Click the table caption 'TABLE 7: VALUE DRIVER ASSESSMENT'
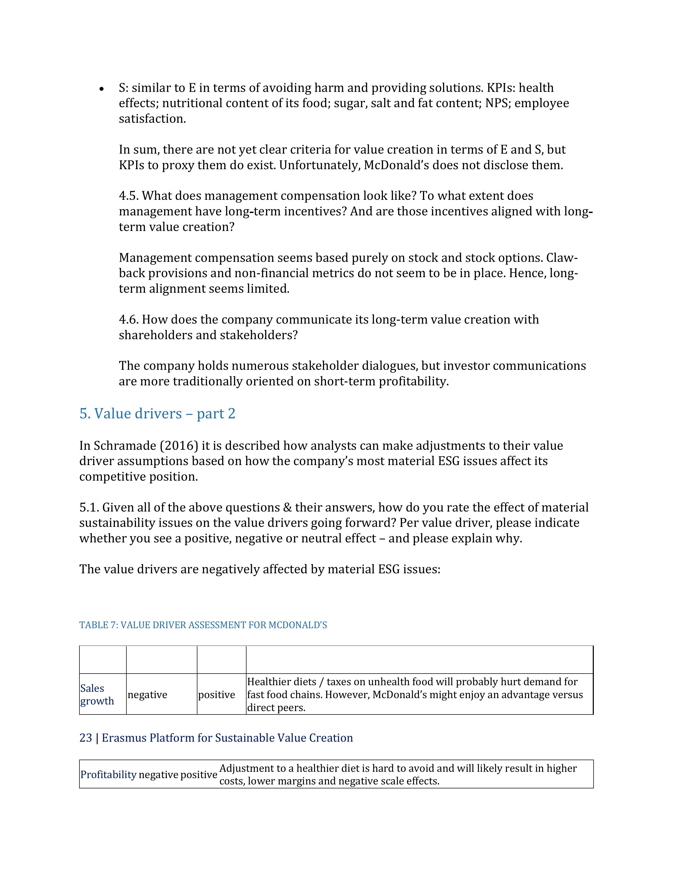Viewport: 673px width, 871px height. pyautogui.click(x=203, y=625)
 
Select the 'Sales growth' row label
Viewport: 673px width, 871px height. pyautogui.click(x=97, y=694)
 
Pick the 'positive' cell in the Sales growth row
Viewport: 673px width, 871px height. pyautogui.click(x=216, y=695)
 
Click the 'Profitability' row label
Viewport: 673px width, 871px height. pyautogui.click(x=108, y=774)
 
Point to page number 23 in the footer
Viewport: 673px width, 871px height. pyautogui.click(x=86, y=738)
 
